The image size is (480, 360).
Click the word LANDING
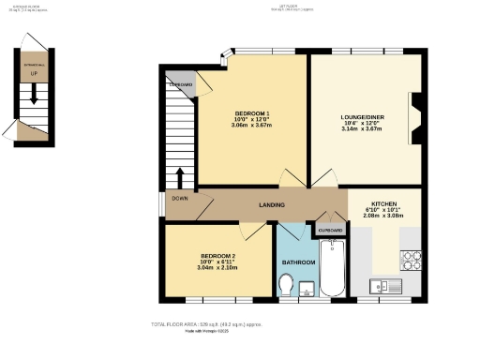(272, 205)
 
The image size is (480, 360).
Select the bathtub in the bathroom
(333, 267)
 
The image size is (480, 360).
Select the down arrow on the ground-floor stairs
(35, 94)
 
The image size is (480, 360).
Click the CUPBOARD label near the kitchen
(330, 230)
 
